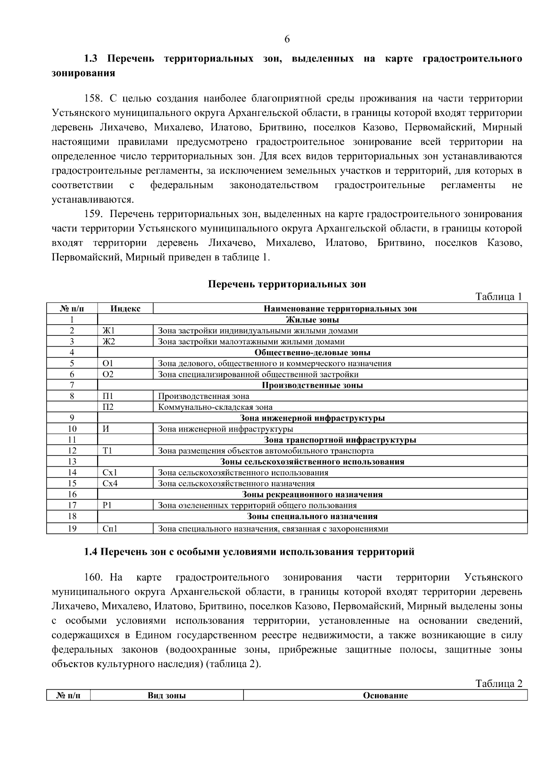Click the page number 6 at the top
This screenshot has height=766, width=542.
point(287,39)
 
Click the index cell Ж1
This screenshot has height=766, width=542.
point(109,330)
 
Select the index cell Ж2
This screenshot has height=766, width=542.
point(109,342)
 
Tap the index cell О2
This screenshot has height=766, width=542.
point(108,374)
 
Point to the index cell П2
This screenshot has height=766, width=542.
point(108,407)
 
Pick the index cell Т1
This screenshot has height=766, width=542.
point(107,450)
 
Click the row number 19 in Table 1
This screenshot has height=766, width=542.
point(72,529)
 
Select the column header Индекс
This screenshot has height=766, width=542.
point(125,309)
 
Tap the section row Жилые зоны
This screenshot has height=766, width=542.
point(312,320)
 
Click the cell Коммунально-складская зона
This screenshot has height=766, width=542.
point(215,407)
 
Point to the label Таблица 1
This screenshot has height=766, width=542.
point(499,297)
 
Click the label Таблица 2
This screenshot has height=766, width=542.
point(499,683)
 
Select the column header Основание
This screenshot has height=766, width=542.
point(385,696)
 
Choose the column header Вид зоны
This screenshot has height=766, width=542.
point(167,696)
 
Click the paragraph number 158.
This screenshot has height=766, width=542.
point(94,98)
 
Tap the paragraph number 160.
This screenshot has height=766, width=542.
point(94,577)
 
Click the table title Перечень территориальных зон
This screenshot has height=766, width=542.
point(287,284)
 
